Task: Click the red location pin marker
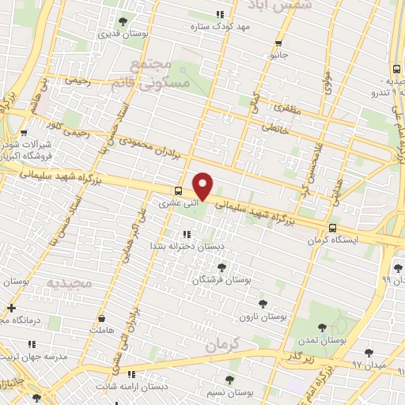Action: click(x=203, y=187)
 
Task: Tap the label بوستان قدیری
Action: click(x=115, y=34)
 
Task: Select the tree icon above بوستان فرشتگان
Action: click(x=221, y=267)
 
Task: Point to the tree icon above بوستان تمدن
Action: click(x=321, y=327)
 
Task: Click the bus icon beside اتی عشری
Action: click(x=178, y=190)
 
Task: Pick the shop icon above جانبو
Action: click(x=278, y=44)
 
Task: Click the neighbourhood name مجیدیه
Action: click(x=70, y=282)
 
